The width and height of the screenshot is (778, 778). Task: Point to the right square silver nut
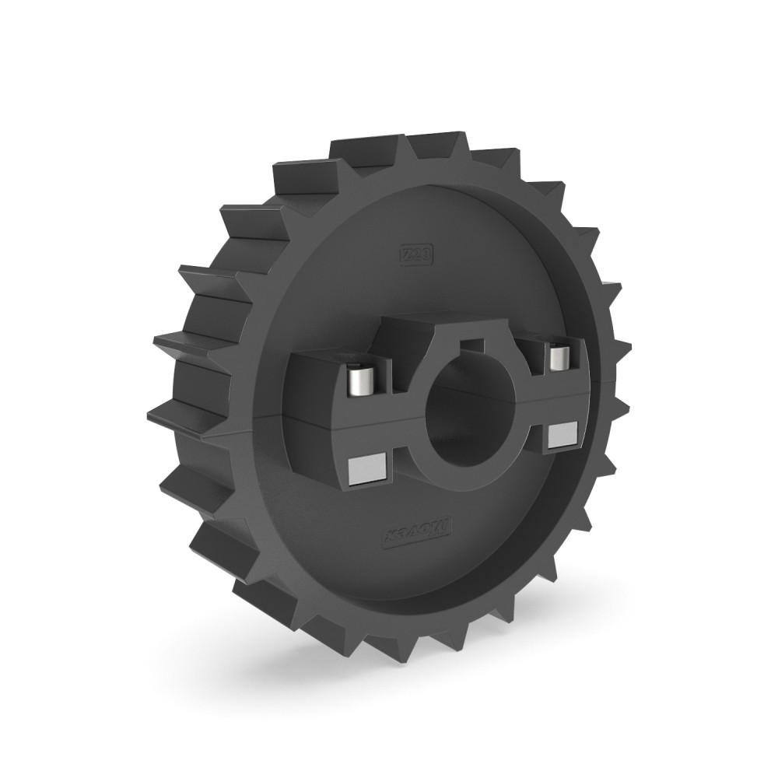tap(561, 435)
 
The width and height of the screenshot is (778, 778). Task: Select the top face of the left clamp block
tap(319, 354)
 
